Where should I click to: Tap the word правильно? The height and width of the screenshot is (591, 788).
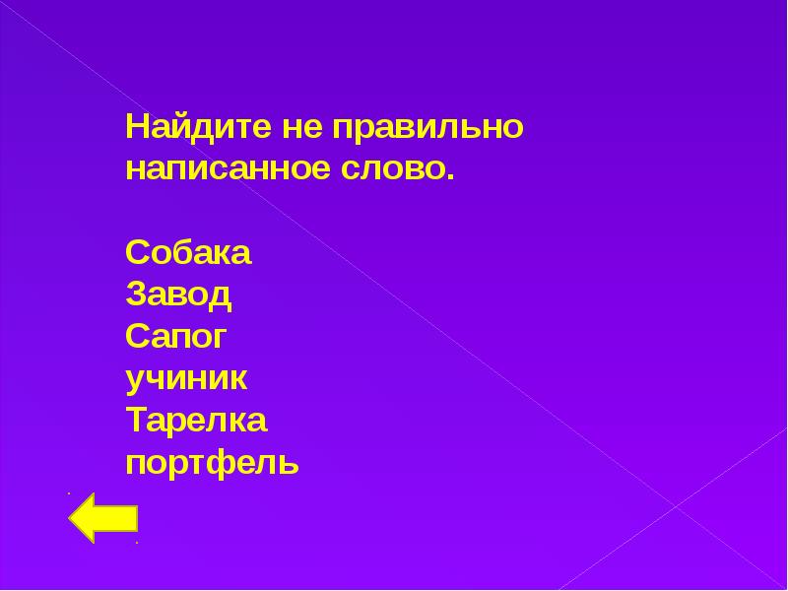[x=426, y=129]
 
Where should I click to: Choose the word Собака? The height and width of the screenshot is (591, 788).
[x=188, y=253]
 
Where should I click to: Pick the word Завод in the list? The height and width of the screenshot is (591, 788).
[x=178, y=295]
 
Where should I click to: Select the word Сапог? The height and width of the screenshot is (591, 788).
[x=176, y=337]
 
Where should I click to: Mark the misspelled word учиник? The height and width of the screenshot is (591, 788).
[x=187, y=378]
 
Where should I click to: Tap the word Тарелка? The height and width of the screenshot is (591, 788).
[x=196, y=421]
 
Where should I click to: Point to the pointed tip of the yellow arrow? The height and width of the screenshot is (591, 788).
[x=71, y=517]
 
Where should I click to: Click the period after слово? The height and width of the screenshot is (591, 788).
[x=452, y=177]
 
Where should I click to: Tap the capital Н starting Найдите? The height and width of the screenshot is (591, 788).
[x=136, y=128]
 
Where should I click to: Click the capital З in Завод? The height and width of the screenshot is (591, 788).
[x=136, y=295]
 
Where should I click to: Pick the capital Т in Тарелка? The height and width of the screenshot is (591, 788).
[x=137, y=421]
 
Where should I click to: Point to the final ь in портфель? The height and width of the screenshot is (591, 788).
[x=290, y=463]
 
